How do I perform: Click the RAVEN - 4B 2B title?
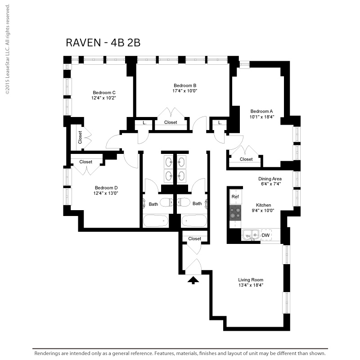103,43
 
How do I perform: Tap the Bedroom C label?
104,93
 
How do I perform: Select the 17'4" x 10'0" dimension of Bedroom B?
185,91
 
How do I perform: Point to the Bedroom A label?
262,111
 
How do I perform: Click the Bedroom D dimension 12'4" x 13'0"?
106,193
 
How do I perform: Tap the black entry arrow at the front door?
193,280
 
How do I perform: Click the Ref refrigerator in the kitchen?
235,197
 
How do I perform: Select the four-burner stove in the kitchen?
235,213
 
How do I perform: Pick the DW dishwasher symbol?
266,235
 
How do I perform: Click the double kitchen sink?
251,235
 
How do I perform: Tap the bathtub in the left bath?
156,221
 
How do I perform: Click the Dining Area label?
270,179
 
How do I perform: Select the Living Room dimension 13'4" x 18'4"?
251,285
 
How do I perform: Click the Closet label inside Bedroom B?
171,122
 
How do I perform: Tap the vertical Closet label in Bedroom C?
80,137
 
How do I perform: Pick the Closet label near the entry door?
195,239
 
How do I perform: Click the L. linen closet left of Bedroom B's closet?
144,123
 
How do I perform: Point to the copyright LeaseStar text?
8,49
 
